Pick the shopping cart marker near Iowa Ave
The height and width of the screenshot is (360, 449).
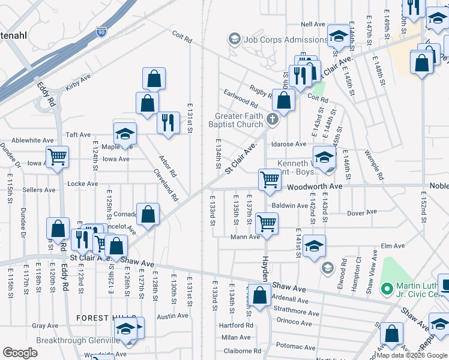(57, 157)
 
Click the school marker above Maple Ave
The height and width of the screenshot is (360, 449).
(125, 133)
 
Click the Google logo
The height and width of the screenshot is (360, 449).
(19, 353)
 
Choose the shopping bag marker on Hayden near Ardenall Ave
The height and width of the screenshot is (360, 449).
(261, 296)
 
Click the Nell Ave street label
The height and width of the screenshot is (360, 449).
(313, 24)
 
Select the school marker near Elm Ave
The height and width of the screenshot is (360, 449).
(314, 245)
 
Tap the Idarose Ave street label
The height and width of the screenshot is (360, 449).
(289, 145)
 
